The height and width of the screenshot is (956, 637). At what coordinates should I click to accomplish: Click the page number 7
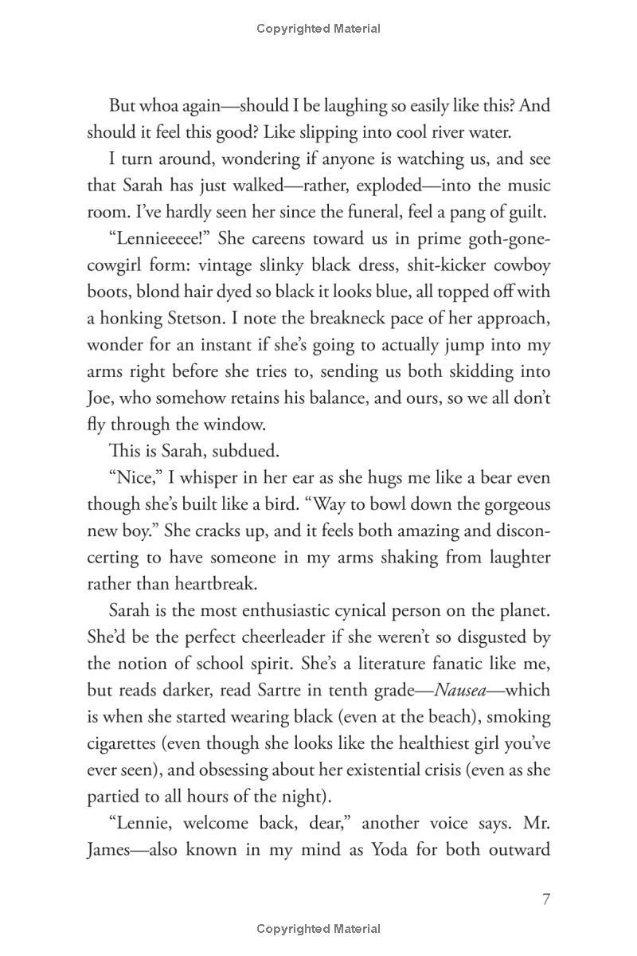pos(545,899)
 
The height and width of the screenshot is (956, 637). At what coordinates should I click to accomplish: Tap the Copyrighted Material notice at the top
pos(318,29)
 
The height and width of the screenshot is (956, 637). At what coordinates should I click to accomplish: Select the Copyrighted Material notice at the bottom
pos(318,929)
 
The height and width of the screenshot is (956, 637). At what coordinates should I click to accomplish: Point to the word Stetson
pos(175,319)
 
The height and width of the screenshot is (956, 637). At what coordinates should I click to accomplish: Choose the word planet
pos(522,610)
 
